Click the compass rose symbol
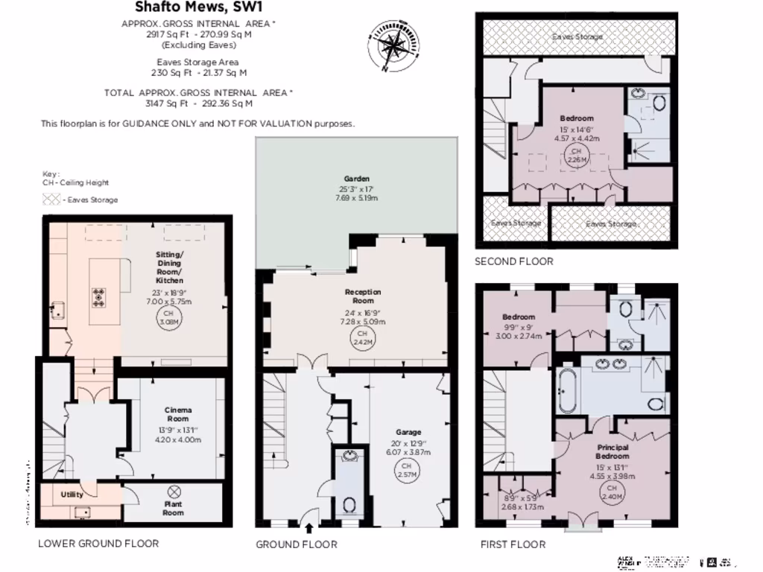coord(390,45)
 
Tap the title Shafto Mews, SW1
coord(197,7)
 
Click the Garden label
coord(357,179)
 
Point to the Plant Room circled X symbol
coord(174,492)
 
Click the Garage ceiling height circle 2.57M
coord(408,470)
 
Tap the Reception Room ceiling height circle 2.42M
coord(362,337)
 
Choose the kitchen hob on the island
coord(98,297)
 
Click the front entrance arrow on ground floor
coord(309,528)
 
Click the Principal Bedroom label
coord(612,451)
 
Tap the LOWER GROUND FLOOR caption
coord(98,544)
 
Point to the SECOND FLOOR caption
coord(514,261)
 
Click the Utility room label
coord(72,494)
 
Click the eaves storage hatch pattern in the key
coord(51,200)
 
